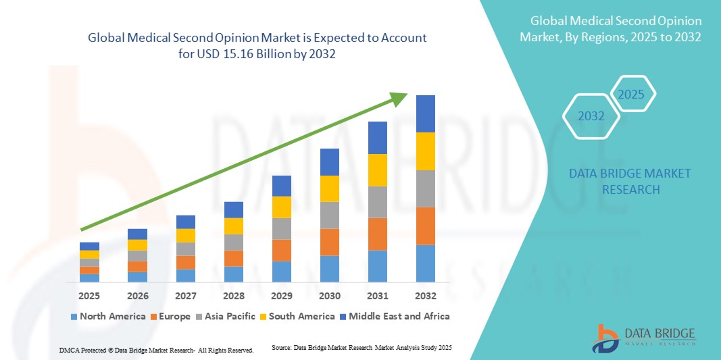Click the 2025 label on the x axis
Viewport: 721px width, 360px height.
(x=89, y=296)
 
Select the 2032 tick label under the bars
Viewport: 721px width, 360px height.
(x=426, y=296)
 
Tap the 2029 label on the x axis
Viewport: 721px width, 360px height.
(x=281, y=296)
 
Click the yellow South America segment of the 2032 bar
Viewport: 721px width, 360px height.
(x=426, y=151)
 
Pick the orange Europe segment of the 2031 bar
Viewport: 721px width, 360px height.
(x=377, y=234)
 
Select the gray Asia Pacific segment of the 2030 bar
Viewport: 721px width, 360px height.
(x=329, y=215)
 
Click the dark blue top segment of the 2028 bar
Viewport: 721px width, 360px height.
(x=233, y=209)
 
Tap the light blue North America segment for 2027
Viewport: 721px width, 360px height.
(x=185, y=275)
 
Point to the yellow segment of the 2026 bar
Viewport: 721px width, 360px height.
(x=137, y=245)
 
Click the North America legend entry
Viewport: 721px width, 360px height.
(x=107, y=316)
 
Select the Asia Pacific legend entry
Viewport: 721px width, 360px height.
(x=228, y=316)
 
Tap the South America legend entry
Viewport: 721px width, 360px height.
(x=301, y=316)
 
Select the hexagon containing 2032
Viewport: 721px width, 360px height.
(x=591, y=116)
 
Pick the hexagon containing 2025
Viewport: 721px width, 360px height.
(x=632, y=94)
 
